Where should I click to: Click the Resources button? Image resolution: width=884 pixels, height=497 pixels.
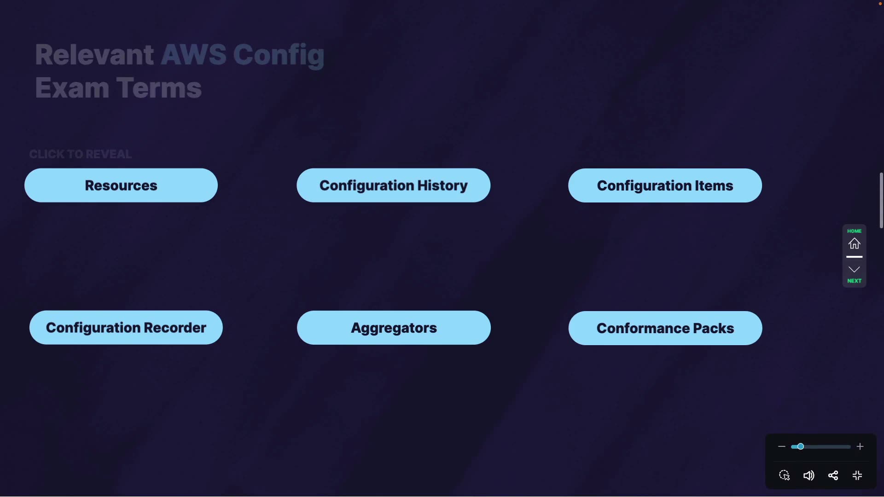(121, 185)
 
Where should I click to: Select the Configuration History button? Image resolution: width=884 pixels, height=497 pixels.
(393, 185)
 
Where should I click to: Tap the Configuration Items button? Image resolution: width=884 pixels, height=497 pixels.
(665, 185)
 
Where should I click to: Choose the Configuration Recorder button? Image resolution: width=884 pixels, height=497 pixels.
(126, 328)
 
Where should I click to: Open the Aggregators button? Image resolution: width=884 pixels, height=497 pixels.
(394, 328)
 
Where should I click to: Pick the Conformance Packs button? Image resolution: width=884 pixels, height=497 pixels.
(665, 328)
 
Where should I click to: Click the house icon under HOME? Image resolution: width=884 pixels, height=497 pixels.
(854, 243)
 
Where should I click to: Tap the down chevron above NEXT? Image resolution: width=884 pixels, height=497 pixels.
(854, 269)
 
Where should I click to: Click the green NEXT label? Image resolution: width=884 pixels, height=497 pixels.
(854, 281)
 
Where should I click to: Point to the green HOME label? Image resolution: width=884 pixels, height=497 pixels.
(854, 231)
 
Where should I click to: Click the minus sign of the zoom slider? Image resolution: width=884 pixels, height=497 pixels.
(781, 446)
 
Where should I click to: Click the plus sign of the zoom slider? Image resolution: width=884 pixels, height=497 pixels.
(860, 446)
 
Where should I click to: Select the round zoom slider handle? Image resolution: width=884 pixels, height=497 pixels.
(801, 446)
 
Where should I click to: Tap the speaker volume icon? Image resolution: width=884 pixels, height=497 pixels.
(808, 475)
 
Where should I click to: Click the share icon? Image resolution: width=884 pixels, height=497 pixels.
(833, 475)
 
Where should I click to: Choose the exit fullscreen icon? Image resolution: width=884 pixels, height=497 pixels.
(857, 475)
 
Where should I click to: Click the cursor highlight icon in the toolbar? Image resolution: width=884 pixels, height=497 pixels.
(785, 475)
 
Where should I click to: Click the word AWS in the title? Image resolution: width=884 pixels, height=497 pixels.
(193, 55)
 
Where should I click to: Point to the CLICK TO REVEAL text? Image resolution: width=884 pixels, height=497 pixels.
(81, 154)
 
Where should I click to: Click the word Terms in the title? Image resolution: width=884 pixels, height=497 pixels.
(159, 88)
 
